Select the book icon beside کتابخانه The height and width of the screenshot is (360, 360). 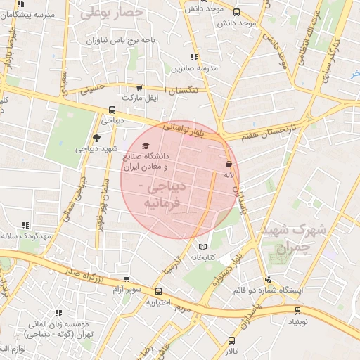coord(203,247)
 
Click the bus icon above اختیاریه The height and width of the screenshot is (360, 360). coord(159,291)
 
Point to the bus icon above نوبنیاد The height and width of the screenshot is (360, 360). coord(297,309)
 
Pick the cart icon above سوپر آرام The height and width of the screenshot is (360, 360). coord(126,279)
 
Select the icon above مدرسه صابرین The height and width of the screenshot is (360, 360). coord(193,58)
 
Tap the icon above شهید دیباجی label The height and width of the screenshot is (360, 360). coord(96,138)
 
